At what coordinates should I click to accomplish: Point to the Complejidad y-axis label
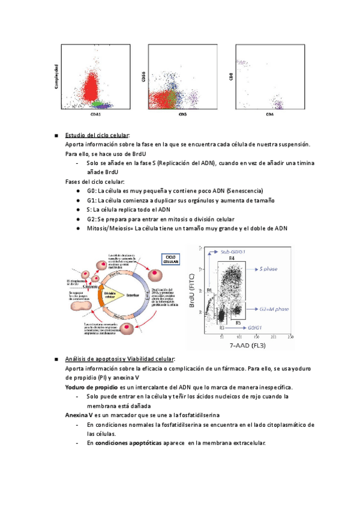(x=56, y=77)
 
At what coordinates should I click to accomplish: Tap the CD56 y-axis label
(x=143, y=77)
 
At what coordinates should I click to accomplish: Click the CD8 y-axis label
(x=231, y=77)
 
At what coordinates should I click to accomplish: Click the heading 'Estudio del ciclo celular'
(x=97, y=136)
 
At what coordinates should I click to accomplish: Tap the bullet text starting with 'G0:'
(x=175, y=191)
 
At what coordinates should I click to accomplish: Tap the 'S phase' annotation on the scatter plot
(x=269, y=270)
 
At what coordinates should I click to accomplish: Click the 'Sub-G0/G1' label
(x=236, y=251)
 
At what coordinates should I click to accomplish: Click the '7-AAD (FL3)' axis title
(x=247, y=346)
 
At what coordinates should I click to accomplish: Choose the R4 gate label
(x=231, y=258)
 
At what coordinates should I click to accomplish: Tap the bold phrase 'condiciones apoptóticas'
(x=129, y=443)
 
